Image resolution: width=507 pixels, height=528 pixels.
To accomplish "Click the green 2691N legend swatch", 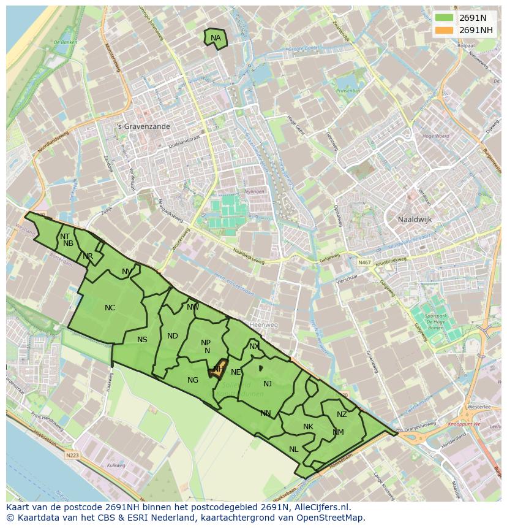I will (445, 18).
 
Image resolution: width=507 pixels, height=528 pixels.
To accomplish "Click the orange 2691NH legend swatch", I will (445, 30).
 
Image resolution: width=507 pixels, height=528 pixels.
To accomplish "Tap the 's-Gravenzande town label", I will (144, 126).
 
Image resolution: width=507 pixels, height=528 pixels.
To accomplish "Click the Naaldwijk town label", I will (415, 219).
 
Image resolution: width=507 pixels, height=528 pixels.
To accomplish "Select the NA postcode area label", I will (216, 38).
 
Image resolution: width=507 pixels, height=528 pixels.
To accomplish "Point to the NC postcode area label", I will (110, 308).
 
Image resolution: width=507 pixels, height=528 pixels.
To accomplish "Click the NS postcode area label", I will (142, 340).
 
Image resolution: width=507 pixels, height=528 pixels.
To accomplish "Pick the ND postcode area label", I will (173, 335).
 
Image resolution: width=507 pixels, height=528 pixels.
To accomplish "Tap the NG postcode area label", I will (193, 380).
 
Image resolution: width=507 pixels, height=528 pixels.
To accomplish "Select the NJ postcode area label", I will (268, 384).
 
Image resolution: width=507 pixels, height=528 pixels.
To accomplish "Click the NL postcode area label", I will (294, 450).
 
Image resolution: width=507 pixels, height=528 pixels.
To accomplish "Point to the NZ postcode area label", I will (342, 415).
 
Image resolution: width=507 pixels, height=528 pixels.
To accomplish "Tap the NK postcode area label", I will (308, 427).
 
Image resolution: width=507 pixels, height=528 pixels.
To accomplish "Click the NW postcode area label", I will (193, 307).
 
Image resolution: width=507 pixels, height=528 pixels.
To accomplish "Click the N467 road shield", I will (365, 262).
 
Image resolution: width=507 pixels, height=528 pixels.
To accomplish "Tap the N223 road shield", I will (71, 455).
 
